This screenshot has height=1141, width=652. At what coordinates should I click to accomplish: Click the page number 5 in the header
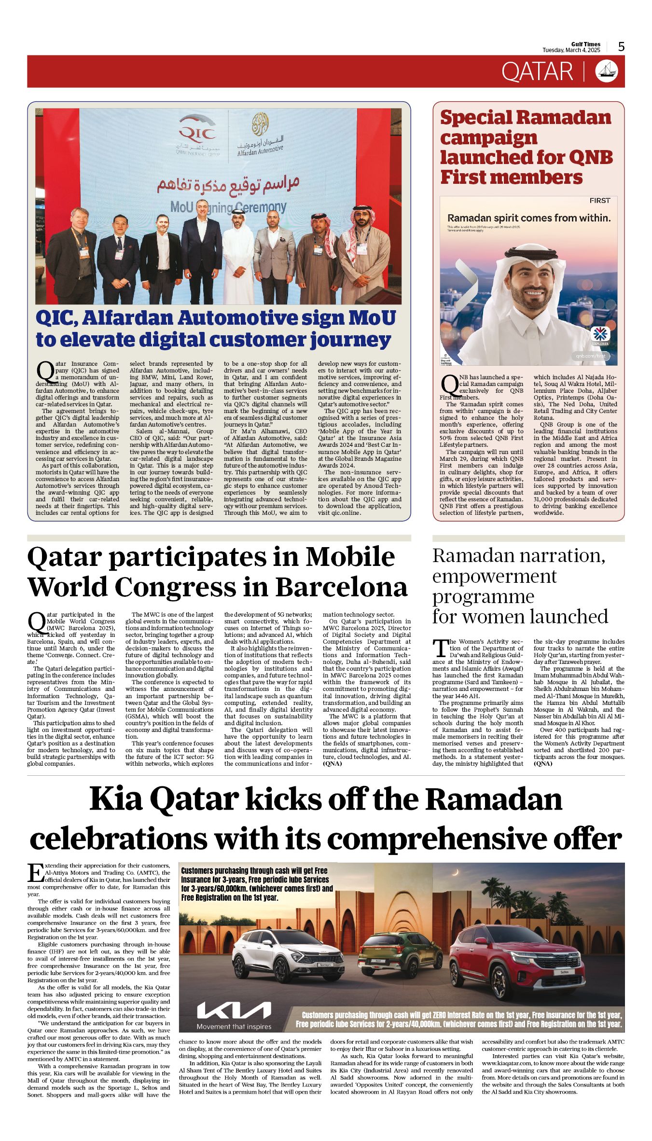tap(621, 46)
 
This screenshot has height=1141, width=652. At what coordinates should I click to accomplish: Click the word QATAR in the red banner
tap(537, 71)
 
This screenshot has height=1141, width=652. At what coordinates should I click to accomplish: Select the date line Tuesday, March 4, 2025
tap(571, 50)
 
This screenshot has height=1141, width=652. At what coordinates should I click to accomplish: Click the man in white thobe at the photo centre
tap(238, 256)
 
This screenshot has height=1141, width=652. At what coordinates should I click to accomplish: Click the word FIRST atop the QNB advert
tap(599, 200)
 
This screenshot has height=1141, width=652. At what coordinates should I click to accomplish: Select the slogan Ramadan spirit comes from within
tap(529, 218)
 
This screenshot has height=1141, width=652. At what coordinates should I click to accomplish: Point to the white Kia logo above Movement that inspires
tap(234, 1010)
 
